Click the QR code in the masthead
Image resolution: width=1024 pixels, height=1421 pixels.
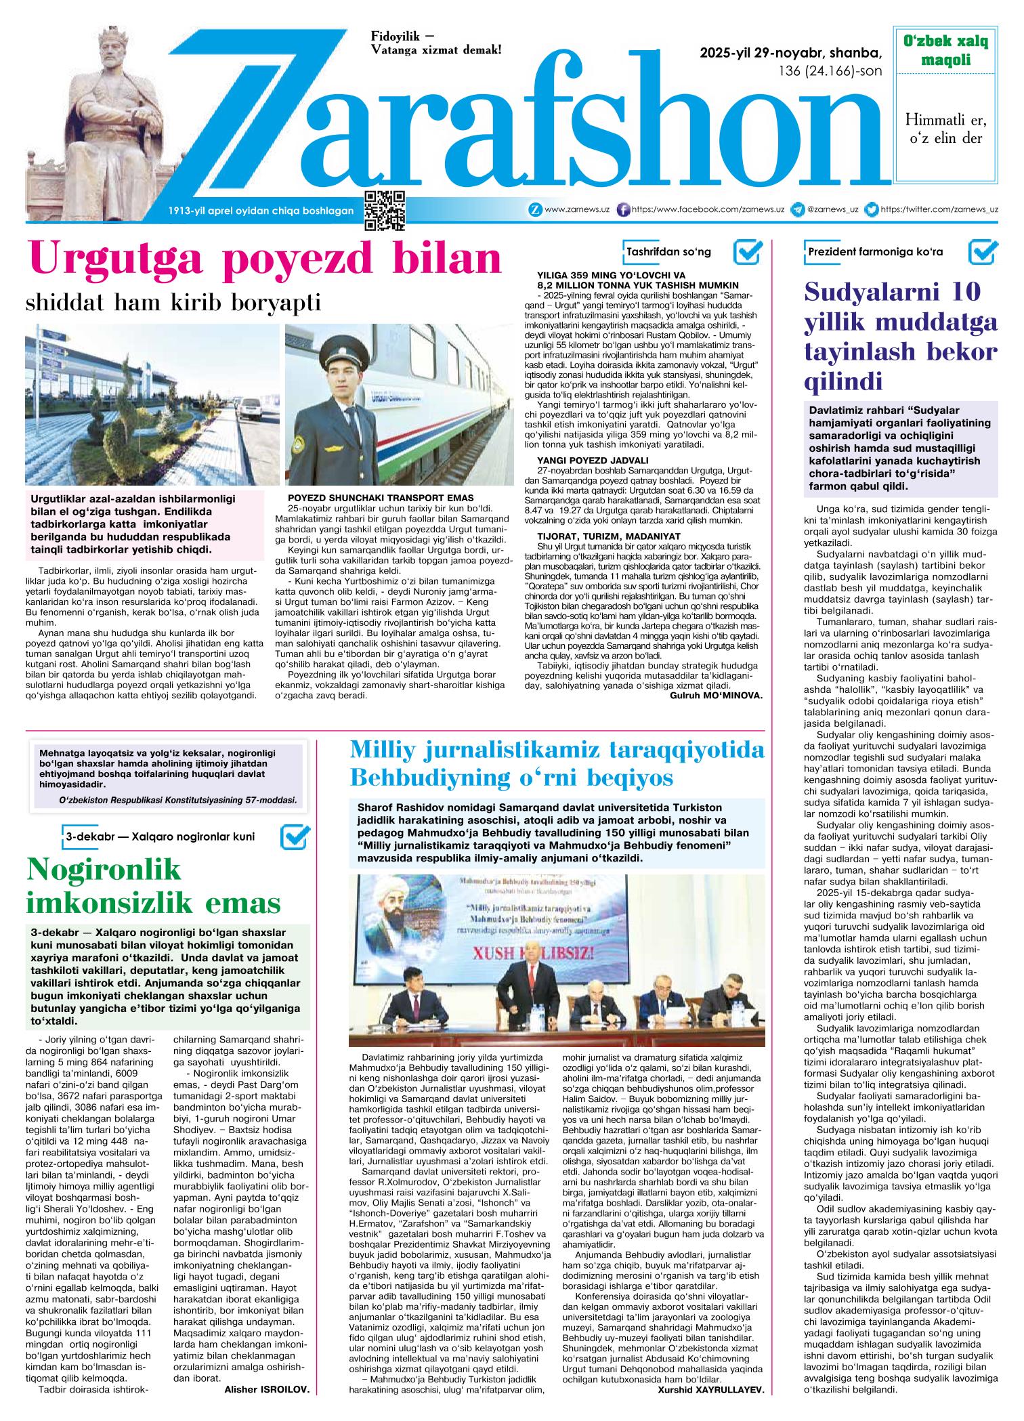pos(385,210)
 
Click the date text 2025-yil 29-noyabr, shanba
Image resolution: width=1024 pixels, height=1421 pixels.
pos(791,53)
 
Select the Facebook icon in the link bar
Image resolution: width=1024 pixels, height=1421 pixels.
pos(624,210)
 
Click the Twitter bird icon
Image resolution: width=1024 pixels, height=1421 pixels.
pos(873,210)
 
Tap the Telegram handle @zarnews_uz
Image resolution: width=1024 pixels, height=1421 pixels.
pos(832,210)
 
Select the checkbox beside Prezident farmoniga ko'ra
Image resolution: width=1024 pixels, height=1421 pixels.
pos(983,252)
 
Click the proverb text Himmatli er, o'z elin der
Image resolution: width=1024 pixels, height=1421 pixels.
pos(945,129)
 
